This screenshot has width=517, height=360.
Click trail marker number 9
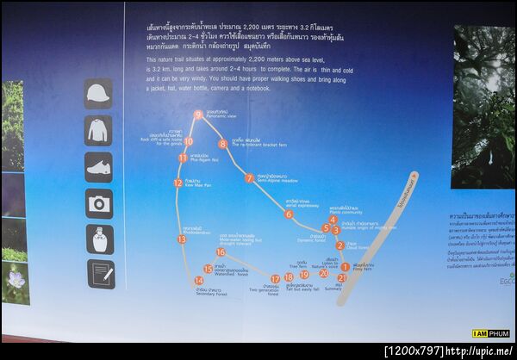click(197, 115)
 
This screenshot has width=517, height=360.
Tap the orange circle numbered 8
click(222, 144)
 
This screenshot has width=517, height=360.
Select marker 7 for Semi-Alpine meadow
click(249, 178)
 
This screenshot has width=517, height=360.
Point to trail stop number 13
click(182, 239)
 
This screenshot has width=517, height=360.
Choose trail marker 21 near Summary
click(342, 277)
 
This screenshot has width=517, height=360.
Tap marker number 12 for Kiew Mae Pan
click(178, 183)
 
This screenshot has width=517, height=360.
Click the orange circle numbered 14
click(199, 281)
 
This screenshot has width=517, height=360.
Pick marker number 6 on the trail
click(289, 214)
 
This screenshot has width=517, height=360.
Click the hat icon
click(98, 93)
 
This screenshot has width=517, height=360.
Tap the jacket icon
click(98, 130)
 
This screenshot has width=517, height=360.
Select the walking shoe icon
click(98, 167)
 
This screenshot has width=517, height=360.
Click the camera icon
click(99, 203)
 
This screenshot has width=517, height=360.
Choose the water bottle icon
click(99, 239)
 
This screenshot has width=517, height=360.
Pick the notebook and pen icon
click(100, 274)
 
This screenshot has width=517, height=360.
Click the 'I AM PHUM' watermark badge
click(491, 333)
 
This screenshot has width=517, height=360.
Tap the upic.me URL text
click(479, 351)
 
